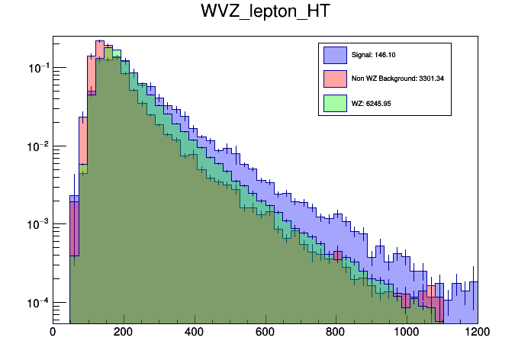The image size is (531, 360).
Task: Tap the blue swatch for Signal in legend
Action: [335, 55]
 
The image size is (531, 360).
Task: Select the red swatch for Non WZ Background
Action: [335, 78]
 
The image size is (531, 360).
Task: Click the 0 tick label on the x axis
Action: [53, 333]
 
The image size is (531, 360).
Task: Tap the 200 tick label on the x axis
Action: [124, 333]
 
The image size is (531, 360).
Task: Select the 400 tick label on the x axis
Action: [195, 333]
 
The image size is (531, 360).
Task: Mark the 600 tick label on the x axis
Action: [265, 333]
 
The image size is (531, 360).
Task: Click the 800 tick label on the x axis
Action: [336, 333]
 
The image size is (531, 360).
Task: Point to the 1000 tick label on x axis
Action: [407, 333]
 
